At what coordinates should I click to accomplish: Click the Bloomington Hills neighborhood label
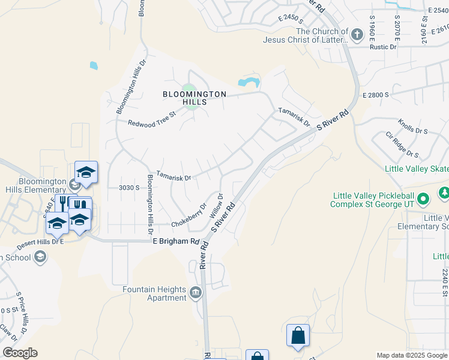point(195,98)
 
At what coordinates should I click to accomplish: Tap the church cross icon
point(357,34)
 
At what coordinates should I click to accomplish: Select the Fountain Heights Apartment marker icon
point(196,293)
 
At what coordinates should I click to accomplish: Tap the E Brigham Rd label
point(175,241)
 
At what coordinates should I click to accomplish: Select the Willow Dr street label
point(217,205)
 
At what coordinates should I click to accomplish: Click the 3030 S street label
point(129,188)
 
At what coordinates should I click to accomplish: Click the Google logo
point(20,353)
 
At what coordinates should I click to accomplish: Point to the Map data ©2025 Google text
point(411,355)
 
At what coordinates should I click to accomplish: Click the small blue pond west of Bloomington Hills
point(94,65)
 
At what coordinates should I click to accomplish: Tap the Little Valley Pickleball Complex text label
point(372,200)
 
